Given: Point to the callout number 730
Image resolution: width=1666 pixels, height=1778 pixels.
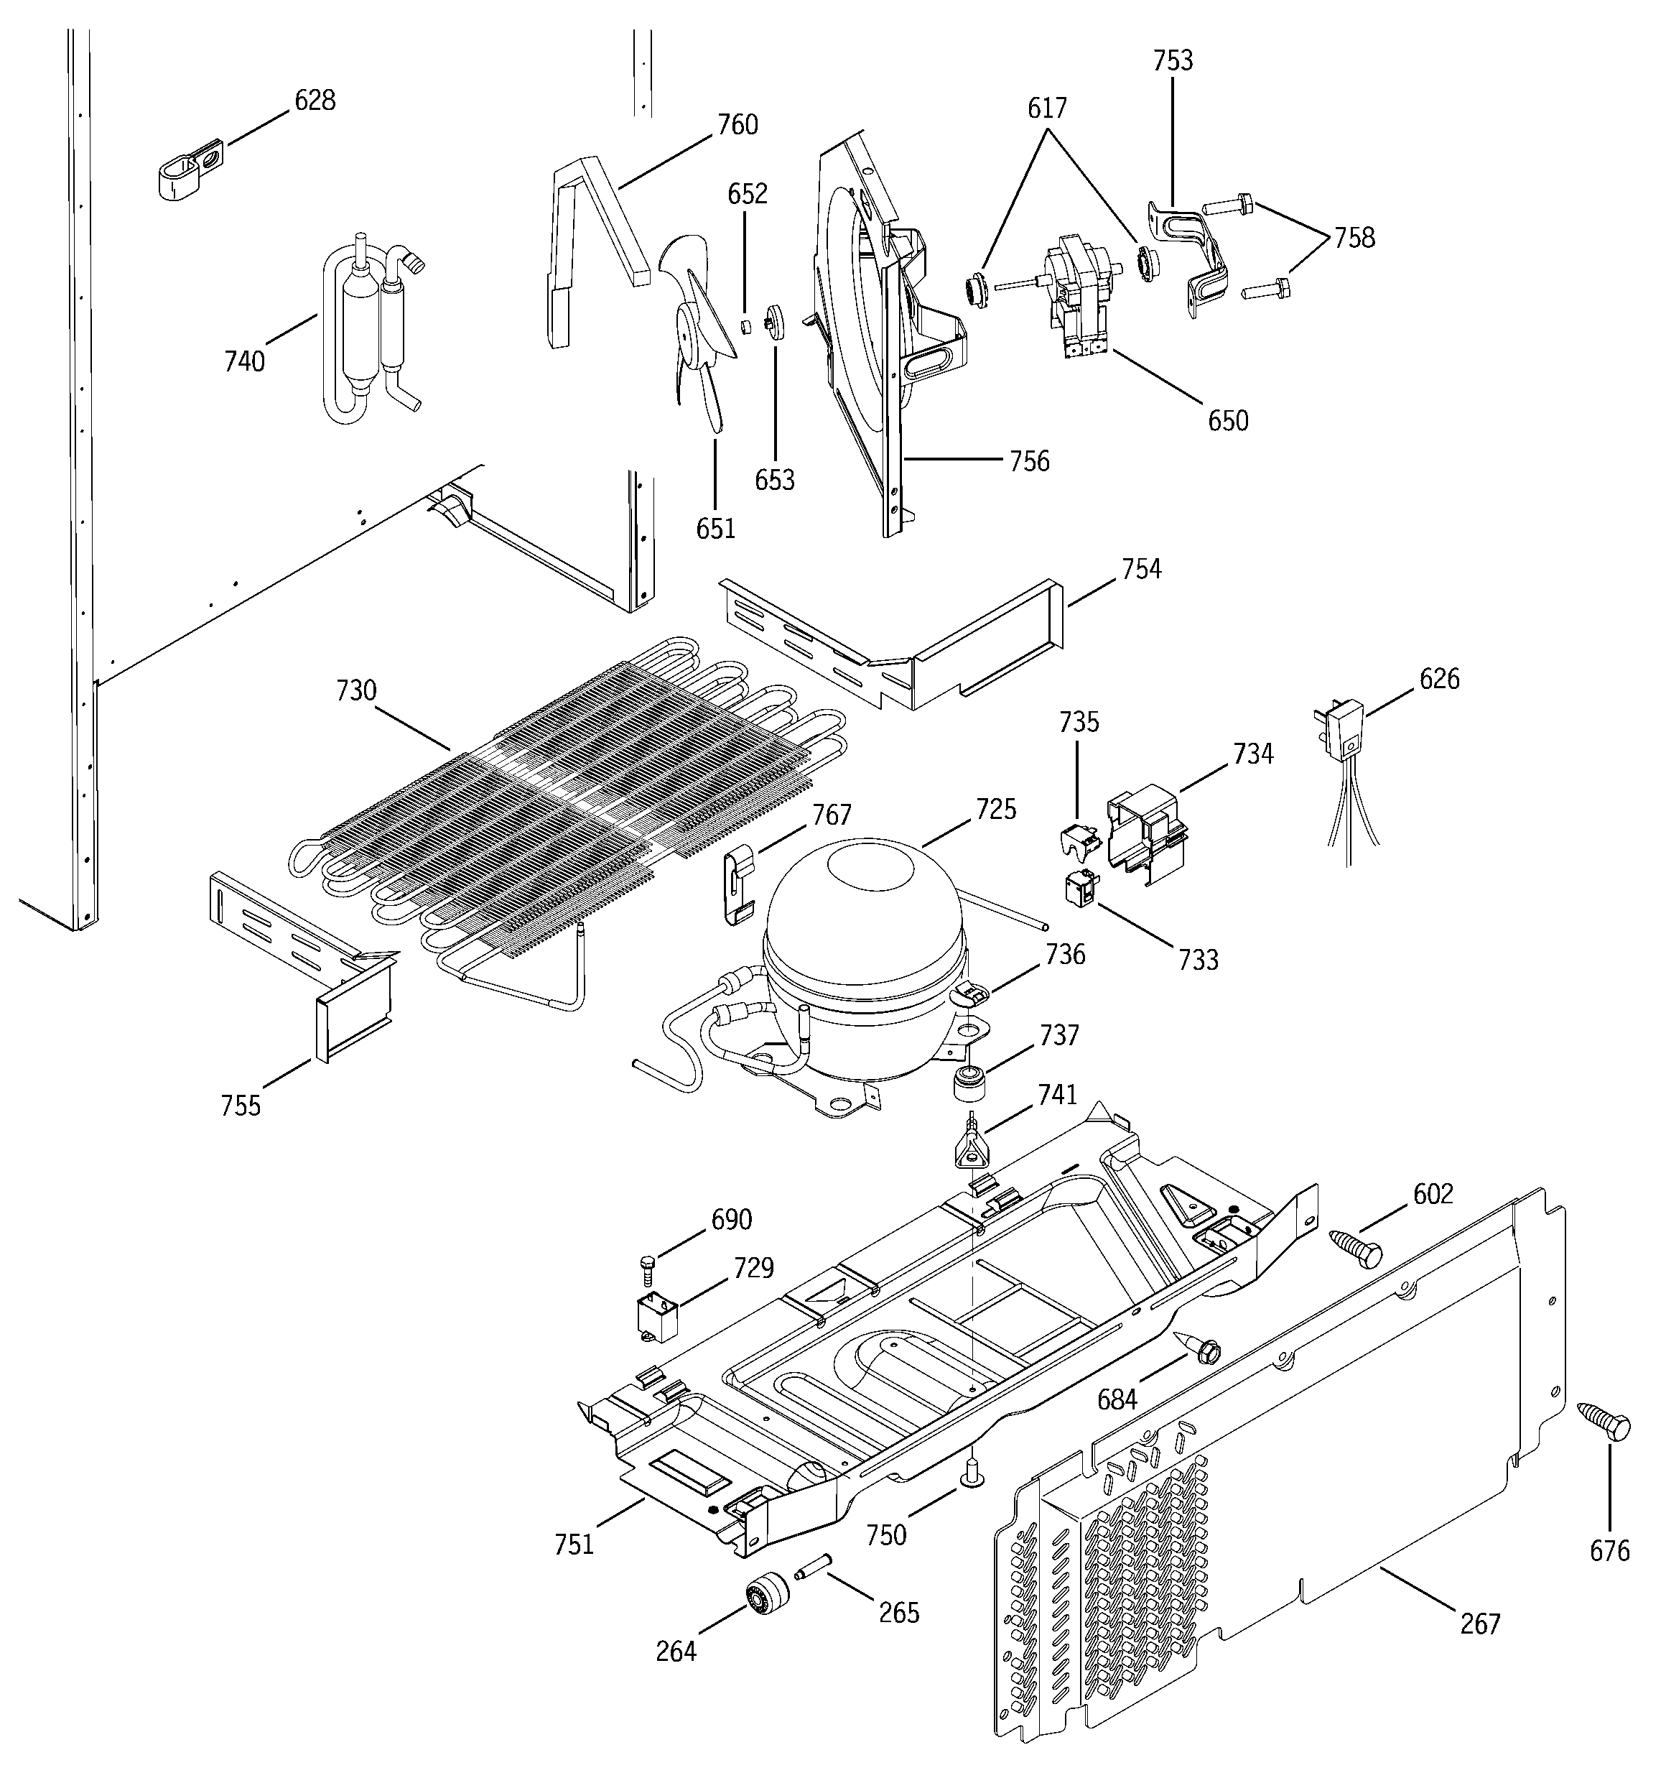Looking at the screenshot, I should [356, 690].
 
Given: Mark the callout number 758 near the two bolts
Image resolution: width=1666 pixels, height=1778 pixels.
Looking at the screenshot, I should [1354, 238].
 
